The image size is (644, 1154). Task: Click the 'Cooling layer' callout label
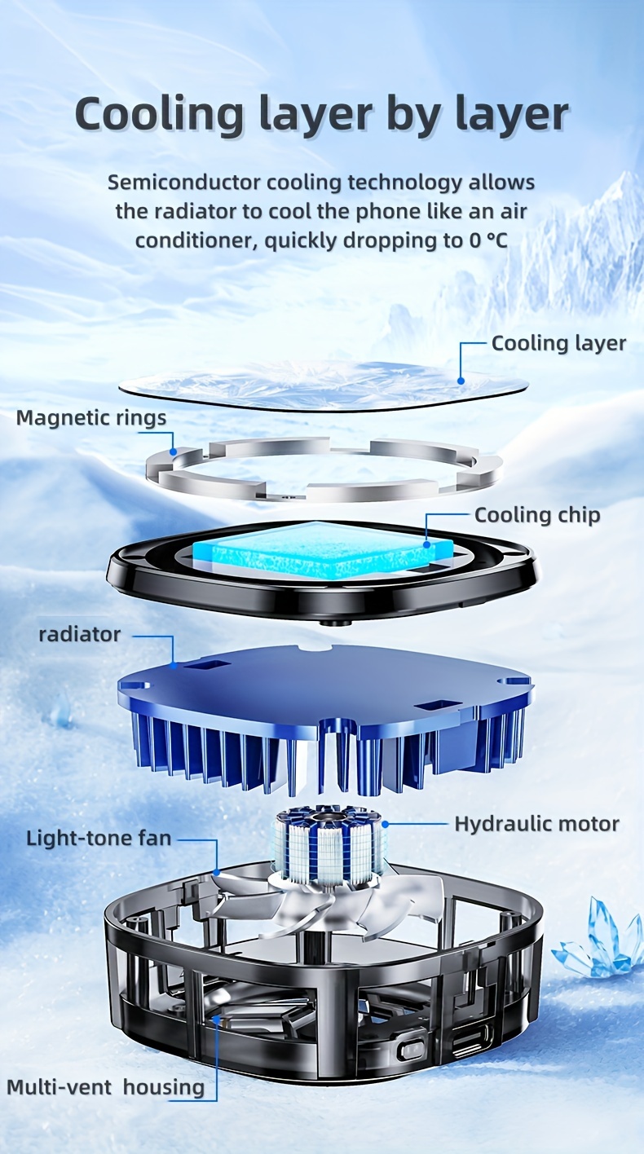(x=558, y=344)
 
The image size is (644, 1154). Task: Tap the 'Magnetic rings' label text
(x=91, y=417)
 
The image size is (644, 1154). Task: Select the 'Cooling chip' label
(x=537, y=515)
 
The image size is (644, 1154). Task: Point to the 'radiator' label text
(x=79, y=634)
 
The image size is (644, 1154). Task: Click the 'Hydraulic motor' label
(x=536, y=824)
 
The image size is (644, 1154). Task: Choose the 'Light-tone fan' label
(x=99, y=838)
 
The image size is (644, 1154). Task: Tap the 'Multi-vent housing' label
(x=106, y=1087)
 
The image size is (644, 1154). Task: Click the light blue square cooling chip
(x=323, y=550)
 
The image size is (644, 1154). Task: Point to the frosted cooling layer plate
(x=324, y=385)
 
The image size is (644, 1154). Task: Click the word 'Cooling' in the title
(x=159, y=114)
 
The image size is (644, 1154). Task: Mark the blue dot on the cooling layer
(x=461, y=381)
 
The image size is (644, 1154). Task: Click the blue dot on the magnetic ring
(x=174, y=451)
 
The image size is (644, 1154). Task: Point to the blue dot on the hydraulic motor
(x=385, y=824)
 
